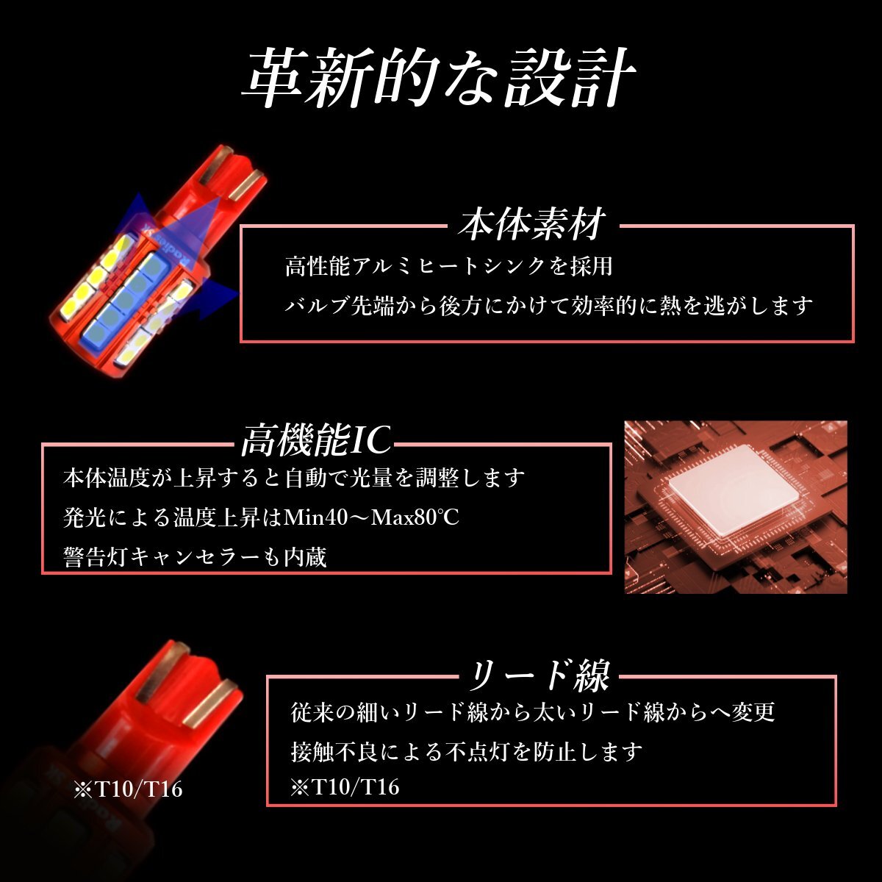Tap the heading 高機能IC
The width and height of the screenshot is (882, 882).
(316, 441)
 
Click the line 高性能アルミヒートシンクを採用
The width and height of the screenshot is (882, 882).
(448, 266)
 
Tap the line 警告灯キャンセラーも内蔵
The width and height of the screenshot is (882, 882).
(195, 556)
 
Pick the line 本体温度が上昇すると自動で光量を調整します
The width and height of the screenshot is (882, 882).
(294, 478)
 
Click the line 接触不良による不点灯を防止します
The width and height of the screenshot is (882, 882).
(467, 751)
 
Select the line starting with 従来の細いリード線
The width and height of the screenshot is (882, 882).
(533, 711)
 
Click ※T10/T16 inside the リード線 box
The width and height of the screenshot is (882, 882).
(345, 788)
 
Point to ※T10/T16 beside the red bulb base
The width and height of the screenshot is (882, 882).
(128, 790)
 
